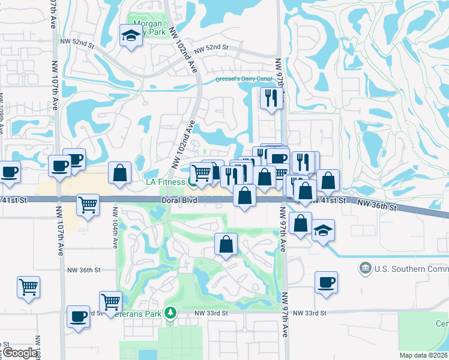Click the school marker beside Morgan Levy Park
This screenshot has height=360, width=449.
pyautogui.click(x=130, y=36)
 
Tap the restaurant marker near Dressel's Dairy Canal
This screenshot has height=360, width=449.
pyautogui.click(x=271, y=97)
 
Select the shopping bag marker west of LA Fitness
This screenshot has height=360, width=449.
pyautogui.click(x=120, y=173)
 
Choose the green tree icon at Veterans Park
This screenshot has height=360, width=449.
pyautogui.click(x=171, y=313)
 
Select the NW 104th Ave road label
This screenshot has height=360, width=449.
pyautogui.click(x=114, y=229)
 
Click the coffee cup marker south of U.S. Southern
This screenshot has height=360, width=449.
pyautogui.click(x=326, y=282)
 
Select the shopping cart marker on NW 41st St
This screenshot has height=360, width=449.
pyautogui.click(x=88, y=205)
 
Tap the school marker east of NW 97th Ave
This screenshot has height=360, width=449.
pyautogui.click(x=323, y=231)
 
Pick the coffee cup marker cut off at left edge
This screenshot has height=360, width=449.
pyautogui.click(x=9, y=172)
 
